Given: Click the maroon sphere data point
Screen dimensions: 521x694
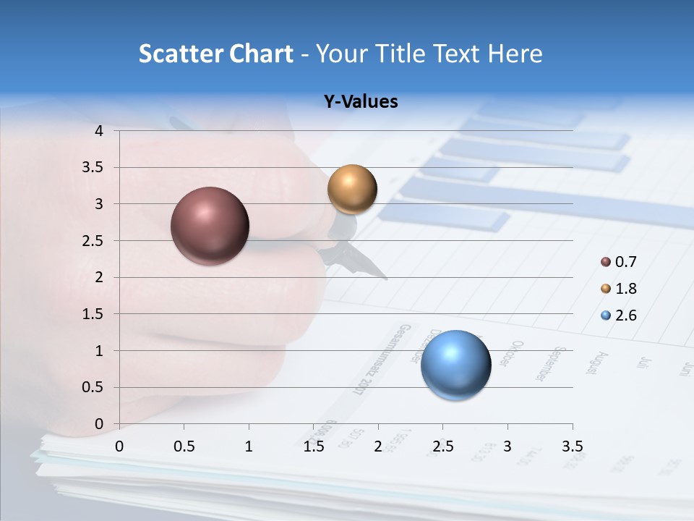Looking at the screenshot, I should (210, 226).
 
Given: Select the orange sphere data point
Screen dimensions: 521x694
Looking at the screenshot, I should (352, 189).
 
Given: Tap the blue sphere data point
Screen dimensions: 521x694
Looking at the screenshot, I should (455, 364).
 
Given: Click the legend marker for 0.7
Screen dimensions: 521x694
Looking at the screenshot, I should (606, 262).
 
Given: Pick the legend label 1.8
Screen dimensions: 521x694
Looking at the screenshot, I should (625, 289).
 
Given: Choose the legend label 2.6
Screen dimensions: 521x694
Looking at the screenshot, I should (625, 315).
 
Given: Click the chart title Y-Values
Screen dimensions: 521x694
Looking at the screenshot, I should (360, 102).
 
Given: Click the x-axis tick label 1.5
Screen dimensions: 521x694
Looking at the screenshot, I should (314, 446).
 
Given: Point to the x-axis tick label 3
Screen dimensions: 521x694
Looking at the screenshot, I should (507, 446).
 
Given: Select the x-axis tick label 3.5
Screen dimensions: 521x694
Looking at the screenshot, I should (572, 446).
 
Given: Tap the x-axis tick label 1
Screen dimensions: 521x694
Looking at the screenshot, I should (249, 446).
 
